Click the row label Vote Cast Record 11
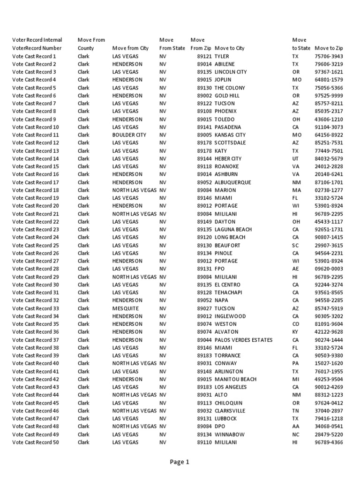36,135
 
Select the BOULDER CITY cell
129,135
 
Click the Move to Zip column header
329,48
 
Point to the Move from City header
130,48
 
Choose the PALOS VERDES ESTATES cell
243,340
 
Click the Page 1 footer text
180,462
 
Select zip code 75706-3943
329,56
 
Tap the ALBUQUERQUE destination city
232,182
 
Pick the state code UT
295,159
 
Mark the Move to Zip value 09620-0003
329,269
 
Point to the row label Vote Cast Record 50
36,442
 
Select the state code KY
295,332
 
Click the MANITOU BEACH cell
235,379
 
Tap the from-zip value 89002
204,96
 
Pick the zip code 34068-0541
329,427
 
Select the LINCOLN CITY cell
230,72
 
